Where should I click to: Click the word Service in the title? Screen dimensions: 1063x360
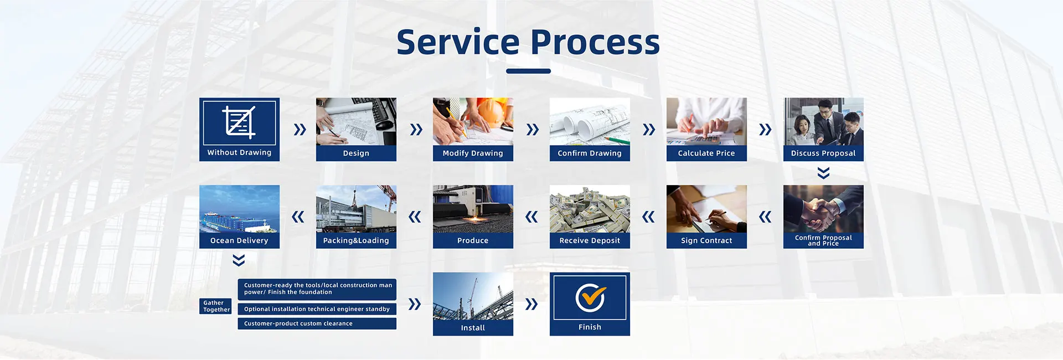(458, 42)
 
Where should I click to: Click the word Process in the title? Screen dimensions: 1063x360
(595, 42)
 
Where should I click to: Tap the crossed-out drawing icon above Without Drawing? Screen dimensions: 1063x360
(239, 122)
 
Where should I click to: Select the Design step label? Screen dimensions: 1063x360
(356, 153)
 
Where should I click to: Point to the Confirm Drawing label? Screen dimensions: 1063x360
(590, 153)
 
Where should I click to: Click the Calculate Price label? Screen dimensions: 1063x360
(706, 153)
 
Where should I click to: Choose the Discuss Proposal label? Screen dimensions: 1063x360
(823, 153)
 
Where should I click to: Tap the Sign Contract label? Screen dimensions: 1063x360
(706, 240)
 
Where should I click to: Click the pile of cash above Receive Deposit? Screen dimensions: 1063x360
(590, 209)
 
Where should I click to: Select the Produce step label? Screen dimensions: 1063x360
(473, 240)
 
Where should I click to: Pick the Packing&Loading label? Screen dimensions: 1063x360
(356, 240)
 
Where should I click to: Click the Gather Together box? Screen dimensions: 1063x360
(216, 306)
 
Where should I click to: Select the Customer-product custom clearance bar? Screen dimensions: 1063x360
(317, 323)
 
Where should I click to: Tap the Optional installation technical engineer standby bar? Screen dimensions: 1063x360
(317, 309)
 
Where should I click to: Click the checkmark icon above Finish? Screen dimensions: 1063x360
(590, 298)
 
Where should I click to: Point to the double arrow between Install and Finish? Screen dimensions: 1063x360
(531, 304)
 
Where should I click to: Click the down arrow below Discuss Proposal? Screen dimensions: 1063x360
(823, 173)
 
